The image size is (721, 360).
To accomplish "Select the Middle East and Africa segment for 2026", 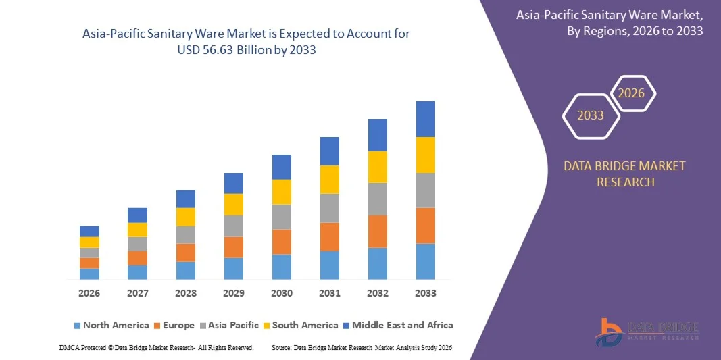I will [89, 231].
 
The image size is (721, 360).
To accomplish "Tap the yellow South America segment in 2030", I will [282, 192].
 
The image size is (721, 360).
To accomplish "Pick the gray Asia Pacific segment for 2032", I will [377, 199].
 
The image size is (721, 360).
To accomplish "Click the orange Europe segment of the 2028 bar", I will [186, 253].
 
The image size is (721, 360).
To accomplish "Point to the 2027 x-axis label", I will [137, 293].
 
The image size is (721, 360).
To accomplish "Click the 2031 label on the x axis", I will [330, 293].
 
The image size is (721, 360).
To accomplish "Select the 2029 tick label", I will [233, 293].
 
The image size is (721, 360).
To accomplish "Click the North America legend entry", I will [111, 325].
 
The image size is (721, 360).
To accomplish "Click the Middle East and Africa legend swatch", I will [346, 326].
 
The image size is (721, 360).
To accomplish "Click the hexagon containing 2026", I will [632, 93].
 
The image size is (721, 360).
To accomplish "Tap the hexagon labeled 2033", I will [591, 115].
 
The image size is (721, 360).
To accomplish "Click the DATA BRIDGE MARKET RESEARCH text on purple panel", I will [624, 174].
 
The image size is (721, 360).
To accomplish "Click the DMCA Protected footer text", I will [156, 347].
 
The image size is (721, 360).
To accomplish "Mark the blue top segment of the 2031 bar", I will [330, 151].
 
